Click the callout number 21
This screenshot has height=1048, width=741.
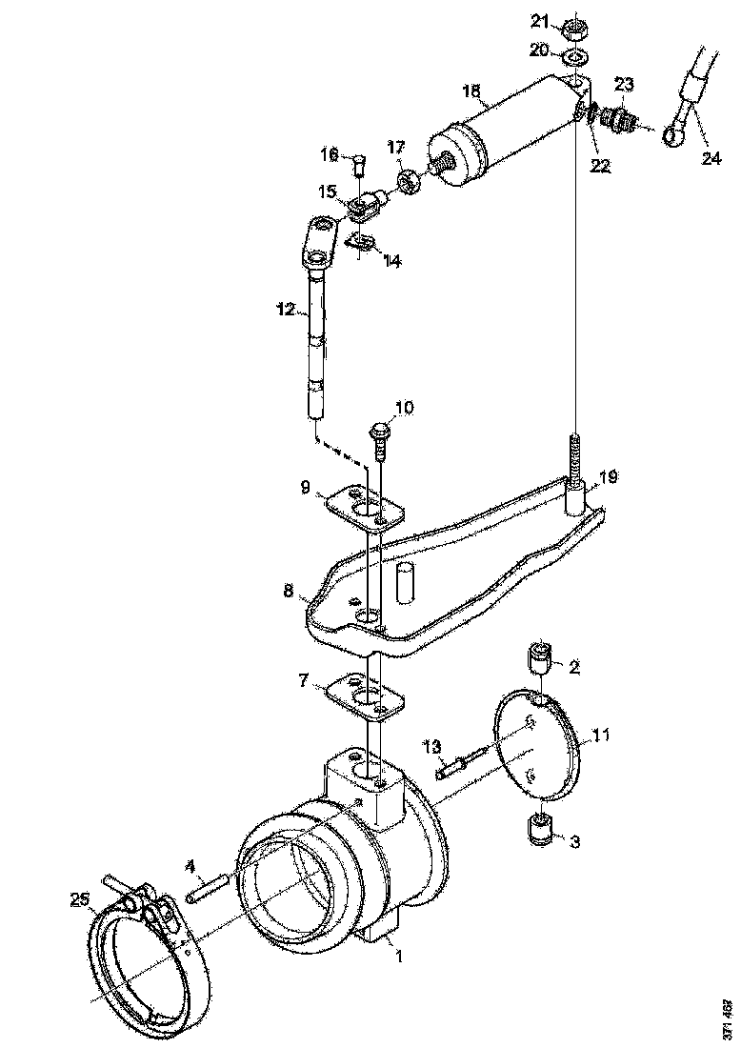click(x=539, y=21)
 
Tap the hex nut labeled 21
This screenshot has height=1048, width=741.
click(x=573, y=28)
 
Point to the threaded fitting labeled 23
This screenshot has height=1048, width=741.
click(x=621, y=120)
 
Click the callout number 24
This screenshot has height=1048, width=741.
click(x=711, y=158)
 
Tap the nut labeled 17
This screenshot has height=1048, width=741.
click(x=409, y=180)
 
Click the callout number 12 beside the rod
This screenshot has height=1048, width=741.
click(x=286, y=310)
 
